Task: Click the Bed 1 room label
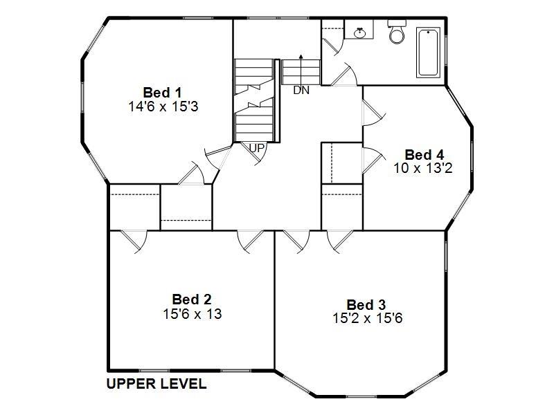[x=163, y=92]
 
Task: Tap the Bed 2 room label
[x=192, y=299]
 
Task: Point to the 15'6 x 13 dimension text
[x=192, y=313]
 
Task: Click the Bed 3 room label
[x=366, y=304]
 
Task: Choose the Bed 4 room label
[x=424, y=154]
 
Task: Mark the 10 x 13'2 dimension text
[x=423, y=168]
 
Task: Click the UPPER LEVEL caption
[x=156, y=384]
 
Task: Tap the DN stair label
[x=301, y=90]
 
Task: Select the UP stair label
[x=257, y=148]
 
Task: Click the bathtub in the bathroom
[x=428, y=53]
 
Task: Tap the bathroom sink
[x=360, y=32]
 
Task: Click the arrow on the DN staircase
[x=301, y=59]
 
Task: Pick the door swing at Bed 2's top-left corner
[x=133, y=240]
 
